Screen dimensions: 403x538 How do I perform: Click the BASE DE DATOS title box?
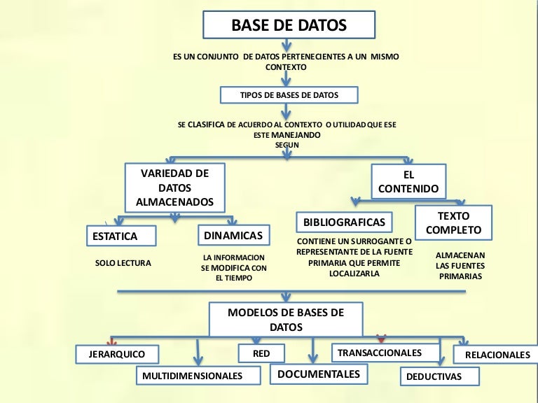pos(289,26)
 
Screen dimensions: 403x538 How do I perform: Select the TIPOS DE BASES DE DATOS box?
pos(289,94)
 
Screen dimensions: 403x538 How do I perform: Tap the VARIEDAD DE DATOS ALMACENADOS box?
pos(174,188)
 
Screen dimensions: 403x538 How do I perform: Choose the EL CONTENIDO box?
pos(408,181)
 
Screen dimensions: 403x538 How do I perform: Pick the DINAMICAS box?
pos(233,235)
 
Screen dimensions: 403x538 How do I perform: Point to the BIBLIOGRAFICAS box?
pos(344,222)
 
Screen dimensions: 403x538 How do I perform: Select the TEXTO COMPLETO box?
pos(453,222)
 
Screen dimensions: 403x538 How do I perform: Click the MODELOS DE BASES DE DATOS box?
pos(286,320)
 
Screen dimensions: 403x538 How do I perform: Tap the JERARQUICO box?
pos(117,354)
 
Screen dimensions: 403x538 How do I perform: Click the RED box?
pos(260,353)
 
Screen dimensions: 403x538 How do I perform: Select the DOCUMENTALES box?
pos(319,374)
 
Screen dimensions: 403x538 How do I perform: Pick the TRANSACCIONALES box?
pos(385,352)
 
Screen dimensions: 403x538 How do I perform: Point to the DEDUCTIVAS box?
pos(440,376)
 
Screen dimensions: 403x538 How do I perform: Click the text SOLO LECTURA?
pos(123,264)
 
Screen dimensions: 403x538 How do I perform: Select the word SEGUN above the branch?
pos(287,145)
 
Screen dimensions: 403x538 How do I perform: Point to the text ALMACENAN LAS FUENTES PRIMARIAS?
pos(460,266)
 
